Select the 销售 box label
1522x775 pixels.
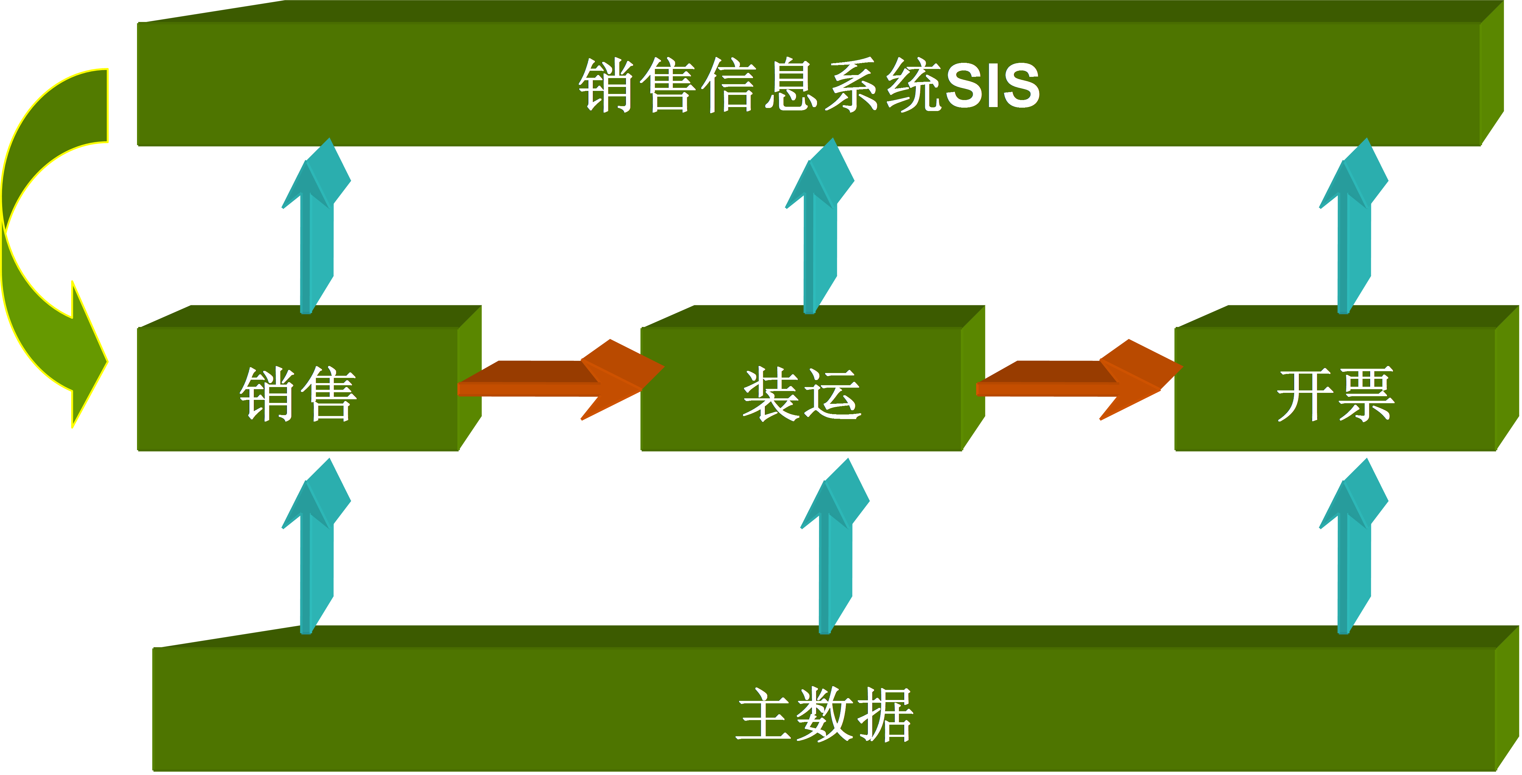pos(298,394)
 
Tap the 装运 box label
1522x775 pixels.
pos(802,394)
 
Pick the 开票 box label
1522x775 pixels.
pos(1335,394)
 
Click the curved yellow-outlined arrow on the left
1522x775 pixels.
pos(41,248)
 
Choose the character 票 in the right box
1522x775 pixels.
pos(1366,394)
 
